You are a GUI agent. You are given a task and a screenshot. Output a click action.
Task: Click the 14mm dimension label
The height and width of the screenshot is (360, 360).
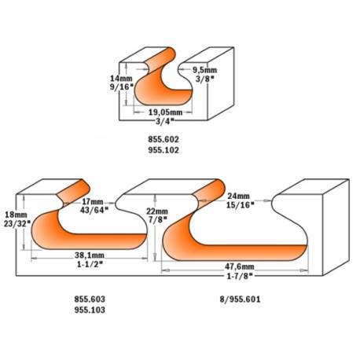pos(121,78)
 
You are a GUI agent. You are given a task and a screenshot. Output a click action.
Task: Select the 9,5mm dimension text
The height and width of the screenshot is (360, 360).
pos(204,70)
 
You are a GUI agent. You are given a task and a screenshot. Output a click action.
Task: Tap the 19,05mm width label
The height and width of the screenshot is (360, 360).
pos(165,112)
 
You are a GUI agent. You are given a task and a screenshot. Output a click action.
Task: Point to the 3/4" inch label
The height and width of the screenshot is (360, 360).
pos(165,121)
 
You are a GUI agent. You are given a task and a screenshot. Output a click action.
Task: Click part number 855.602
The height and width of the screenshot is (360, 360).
pos(163,139)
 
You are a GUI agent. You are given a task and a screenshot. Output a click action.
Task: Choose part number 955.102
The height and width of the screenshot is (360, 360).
pos(163,150)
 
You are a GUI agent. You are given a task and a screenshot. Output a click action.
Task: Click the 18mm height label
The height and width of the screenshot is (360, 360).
pos(16,215)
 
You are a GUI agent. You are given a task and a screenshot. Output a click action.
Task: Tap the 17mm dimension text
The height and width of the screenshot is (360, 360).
pos(93,202)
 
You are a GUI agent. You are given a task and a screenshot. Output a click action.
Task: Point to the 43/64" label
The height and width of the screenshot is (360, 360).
pos(94,210)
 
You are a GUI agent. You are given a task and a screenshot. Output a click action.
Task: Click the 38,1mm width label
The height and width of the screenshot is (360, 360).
pos(90,255)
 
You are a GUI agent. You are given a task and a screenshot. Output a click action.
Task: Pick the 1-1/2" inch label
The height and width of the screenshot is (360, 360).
pos(90,264)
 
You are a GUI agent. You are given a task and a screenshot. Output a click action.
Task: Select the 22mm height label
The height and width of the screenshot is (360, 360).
pos(157,211)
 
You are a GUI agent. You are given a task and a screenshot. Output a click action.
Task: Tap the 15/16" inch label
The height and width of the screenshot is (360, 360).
pos(240,204)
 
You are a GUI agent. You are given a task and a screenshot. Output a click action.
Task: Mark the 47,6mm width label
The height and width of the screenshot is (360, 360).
pos(240,266)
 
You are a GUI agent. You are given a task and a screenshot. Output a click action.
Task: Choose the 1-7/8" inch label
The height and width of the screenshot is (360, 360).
pos(240,275)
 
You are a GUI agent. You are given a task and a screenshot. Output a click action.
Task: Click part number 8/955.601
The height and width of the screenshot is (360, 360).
pos(240,299)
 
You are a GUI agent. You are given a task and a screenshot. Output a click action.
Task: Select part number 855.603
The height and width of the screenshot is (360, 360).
pos(90,299)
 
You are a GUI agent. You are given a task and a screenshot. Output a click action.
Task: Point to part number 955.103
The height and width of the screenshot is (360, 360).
pos(90,310)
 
